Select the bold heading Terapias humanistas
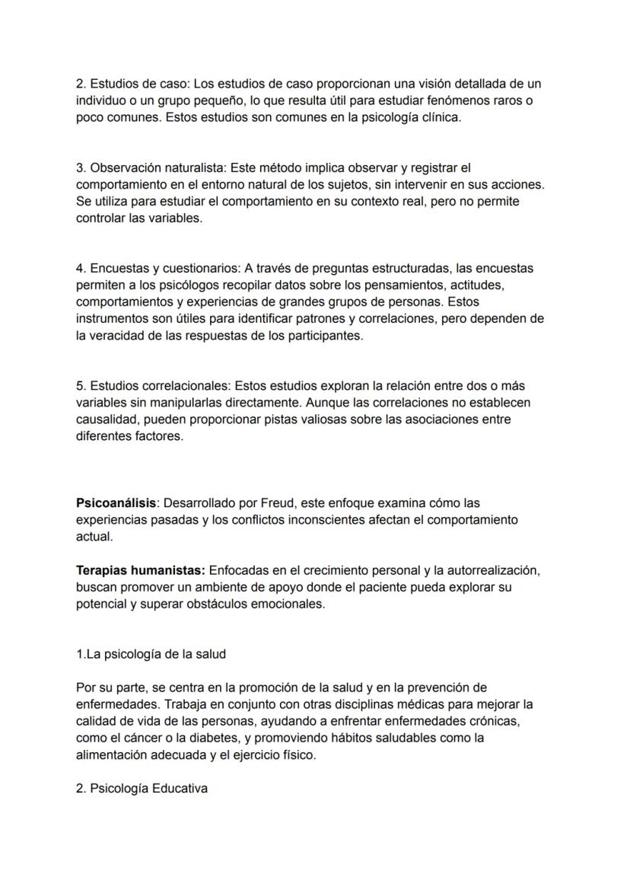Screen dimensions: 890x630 [x=140, y=570]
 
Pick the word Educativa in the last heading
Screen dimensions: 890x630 [x=180, y=789]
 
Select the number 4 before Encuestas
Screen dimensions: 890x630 [x=80, y=269]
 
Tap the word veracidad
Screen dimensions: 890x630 [x=124, y=336]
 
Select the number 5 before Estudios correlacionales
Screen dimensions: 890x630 [x=80, y=386]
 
